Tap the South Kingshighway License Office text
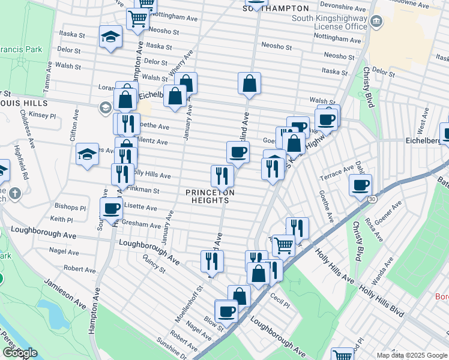click(x=328, y=23)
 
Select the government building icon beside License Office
click(x=376, y=23)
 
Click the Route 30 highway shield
click(x=372, y=199)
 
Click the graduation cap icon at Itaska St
click(x=110, y=37)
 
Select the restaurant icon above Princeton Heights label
click(x=221, y=175)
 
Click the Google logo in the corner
click(x=20, y=353)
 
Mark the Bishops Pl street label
click(x=70, y=208)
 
